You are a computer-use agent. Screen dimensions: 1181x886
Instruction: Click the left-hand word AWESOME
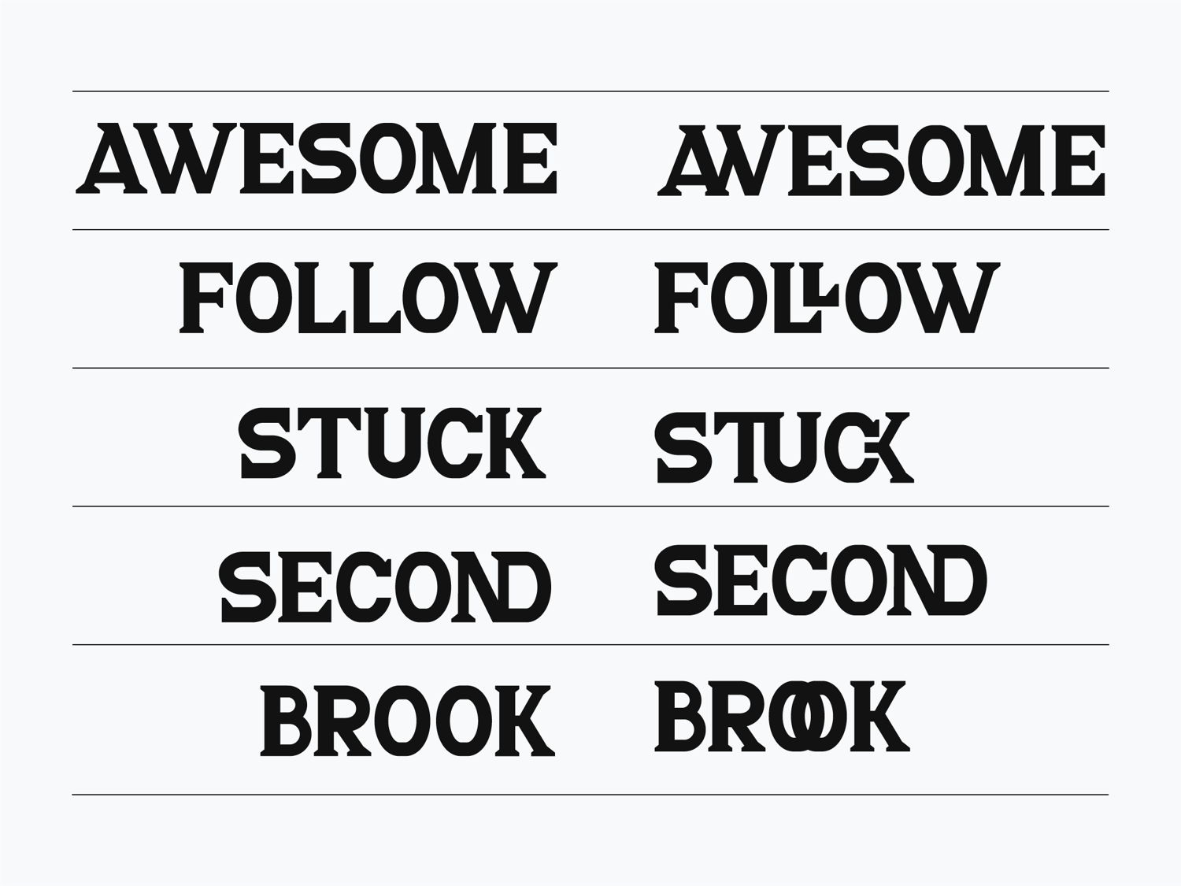[317, 158]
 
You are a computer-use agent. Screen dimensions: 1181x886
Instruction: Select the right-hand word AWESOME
[881, 161]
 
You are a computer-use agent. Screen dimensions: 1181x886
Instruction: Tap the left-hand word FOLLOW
[368, 298]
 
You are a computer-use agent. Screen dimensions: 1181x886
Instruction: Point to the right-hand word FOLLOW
[827, 298]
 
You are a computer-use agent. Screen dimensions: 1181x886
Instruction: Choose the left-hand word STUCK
[392, 443]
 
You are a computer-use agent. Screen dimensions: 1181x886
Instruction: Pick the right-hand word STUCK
[784, 447]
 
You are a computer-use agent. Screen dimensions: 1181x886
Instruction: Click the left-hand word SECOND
[385, 587]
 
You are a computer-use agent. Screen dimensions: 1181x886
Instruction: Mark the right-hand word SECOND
[821, 580]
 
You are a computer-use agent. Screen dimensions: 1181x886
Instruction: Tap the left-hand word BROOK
[407, 721]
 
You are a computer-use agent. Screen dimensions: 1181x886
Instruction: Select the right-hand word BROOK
[783, 716]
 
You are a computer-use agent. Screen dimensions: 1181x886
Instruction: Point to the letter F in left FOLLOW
[206, 298]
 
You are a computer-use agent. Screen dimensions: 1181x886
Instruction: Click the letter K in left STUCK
[516, 443]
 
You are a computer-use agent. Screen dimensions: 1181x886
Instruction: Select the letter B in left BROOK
[287, 721]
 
